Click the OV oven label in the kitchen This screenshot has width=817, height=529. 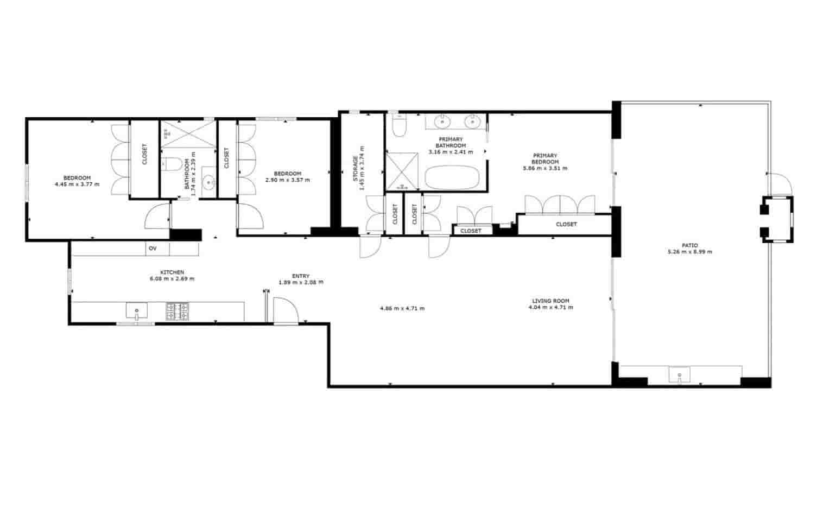[x=153, y=248]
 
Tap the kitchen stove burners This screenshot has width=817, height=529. [x=177, y=311]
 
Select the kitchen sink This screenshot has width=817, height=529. [x=137, y=311]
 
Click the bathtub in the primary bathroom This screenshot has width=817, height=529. [x=452, y=177]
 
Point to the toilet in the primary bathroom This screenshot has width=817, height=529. [x=399, y=127]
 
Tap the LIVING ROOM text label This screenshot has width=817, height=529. [x=550, y=301]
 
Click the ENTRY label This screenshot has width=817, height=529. [x=301, y=276]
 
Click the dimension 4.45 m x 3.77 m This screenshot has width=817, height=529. [x=77, y=184]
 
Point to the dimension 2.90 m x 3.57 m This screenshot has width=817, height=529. [x=287, y=180]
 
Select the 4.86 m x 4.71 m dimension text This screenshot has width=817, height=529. [x=402, y=308]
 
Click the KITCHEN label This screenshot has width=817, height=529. [x=172, y=272]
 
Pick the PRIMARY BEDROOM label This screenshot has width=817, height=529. [x=544, y=158]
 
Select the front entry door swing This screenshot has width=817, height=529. [x=286, y=311]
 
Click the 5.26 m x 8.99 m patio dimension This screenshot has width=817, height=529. [x=689, y=252]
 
